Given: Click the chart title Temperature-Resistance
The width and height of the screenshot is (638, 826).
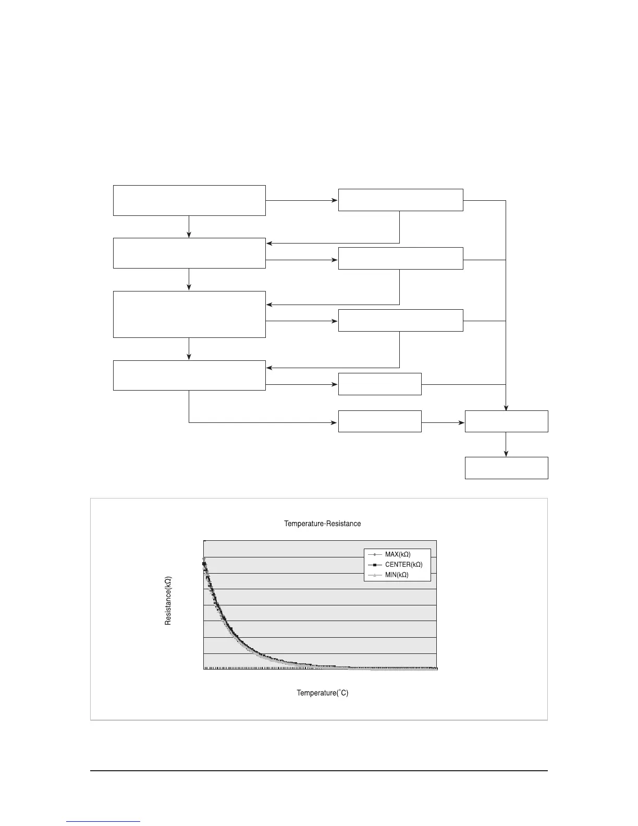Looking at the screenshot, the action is coord(322,524).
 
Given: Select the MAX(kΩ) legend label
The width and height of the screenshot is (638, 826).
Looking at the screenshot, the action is coord(398,554).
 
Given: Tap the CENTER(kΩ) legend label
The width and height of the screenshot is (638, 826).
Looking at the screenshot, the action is coord(403,565).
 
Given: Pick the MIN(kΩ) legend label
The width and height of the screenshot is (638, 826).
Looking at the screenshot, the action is coord(397,575).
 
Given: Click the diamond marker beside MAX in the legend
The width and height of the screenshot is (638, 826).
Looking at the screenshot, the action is coord(374,554).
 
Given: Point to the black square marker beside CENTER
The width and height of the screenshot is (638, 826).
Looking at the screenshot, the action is coord(374,565).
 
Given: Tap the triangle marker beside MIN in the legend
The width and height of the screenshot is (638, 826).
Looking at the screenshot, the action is coord(374,575).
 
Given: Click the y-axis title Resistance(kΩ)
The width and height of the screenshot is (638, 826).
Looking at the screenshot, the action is coord(168,601).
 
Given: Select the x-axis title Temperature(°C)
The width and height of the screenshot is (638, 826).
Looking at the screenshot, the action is coord(322,693).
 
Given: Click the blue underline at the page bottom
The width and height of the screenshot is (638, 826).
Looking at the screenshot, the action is coord(103,821).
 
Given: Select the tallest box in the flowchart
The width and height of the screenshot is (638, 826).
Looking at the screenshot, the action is coord(189,314).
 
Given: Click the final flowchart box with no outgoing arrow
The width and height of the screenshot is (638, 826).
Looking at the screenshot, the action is coord(506,468).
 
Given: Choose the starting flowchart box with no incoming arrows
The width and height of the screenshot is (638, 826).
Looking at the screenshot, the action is coord(189,200).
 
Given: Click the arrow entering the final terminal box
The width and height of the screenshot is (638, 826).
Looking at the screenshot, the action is coord(506,444).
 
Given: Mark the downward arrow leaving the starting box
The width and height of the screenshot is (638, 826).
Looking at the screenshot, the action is coord(189,227).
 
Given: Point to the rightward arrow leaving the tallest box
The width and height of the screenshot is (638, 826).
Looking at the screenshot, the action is coord(301,321).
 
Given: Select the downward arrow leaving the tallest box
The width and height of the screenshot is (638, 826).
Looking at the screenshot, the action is coord(189,349).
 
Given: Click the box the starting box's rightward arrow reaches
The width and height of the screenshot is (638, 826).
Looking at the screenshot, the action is coord(400,200).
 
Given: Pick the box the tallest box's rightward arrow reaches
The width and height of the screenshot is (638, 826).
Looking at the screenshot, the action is coord(400,320).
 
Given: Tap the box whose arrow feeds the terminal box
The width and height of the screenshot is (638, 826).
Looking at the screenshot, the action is coord(506,421).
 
